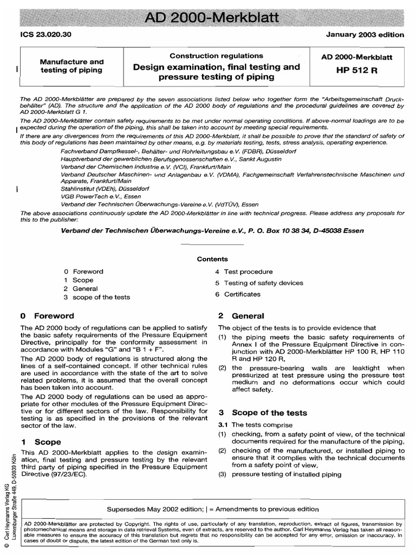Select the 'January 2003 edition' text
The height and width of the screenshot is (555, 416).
[365, 35]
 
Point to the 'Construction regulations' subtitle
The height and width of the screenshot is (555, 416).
[217, 56]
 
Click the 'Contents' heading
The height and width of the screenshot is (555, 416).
[212, 259]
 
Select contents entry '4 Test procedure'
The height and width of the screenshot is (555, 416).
[244, 272]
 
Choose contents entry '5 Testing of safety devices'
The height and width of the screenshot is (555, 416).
[259, 283]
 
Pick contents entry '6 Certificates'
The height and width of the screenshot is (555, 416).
[237, 294]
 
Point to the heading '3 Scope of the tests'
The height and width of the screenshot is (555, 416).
[262, 412]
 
